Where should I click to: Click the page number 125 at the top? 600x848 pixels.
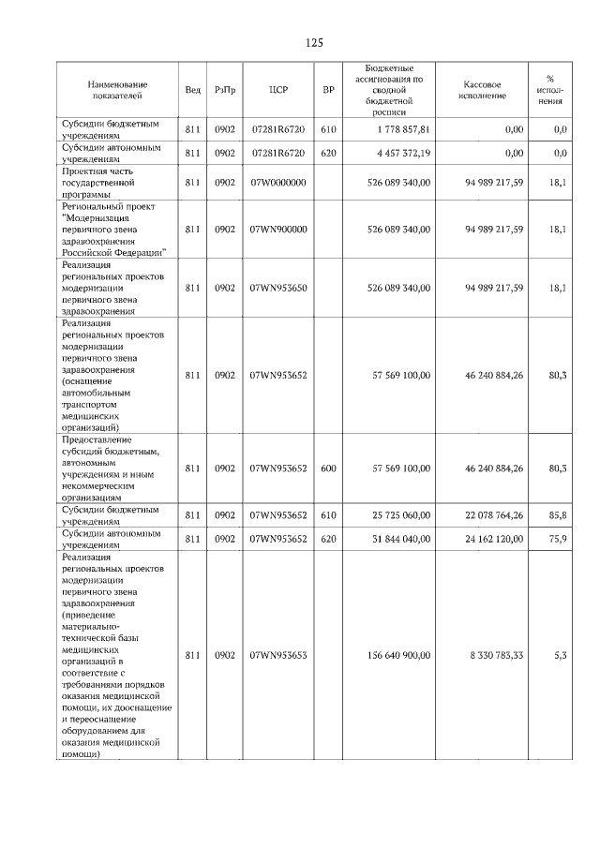(x=314, y=43)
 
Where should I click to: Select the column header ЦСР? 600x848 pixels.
(x=277, y=90)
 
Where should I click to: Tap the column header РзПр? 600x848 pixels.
(x=225, y=90)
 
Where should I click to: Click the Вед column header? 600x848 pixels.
(x=192, y=90)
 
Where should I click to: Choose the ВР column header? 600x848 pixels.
(x=328, y=90)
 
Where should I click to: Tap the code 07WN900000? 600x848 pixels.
(x=278, y=229)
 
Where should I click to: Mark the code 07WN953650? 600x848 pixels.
(x=278, y=288)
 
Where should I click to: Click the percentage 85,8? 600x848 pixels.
(x=558, y=514)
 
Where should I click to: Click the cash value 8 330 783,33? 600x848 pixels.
(x=492, y=655)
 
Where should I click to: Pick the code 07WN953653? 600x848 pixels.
(x=278, y=655)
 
